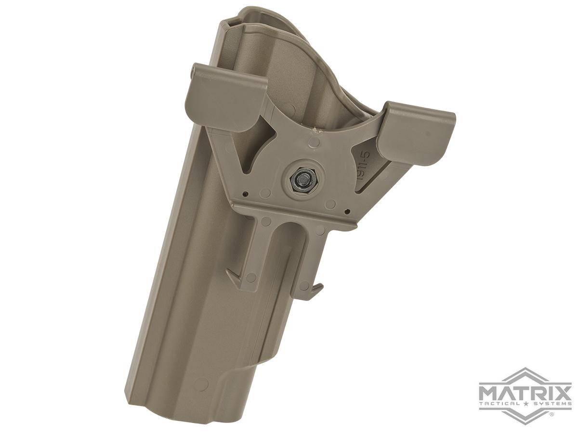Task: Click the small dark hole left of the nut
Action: coord(246,195)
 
